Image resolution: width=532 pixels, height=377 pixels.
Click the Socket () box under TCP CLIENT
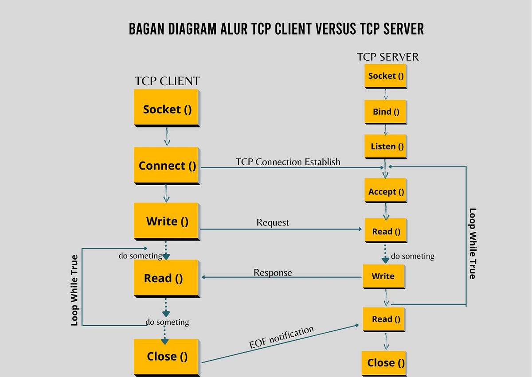[167, 109]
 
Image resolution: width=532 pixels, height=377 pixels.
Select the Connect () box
[167, 165]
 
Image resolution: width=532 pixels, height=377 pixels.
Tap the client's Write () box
[167, 221]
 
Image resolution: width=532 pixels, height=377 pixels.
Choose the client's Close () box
[167, 357]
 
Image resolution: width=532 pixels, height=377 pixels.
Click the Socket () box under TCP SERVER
[386, 76]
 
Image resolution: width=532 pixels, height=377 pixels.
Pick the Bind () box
[386, 112]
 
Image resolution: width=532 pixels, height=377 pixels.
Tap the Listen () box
[386, 147]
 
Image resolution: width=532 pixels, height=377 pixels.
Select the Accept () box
[386, 192]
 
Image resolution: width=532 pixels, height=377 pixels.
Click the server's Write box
[383, 276]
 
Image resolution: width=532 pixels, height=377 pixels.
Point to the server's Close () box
[385, 363]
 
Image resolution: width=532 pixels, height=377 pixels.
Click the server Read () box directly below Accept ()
[386, 231]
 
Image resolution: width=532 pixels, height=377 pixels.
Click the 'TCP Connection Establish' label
[288, 162]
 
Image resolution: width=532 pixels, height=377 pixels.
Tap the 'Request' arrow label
[273, 222]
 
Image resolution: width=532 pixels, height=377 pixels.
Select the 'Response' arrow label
[273, 272]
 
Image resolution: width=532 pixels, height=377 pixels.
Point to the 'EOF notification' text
[282, 338]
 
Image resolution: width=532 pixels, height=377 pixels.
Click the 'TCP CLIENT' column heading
[167, 81]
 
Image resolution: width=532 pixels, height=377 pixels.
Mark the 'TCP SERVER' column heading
[387, 57]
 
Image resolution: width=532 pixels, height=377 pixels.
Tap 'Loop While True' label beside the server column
[473, 243]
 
